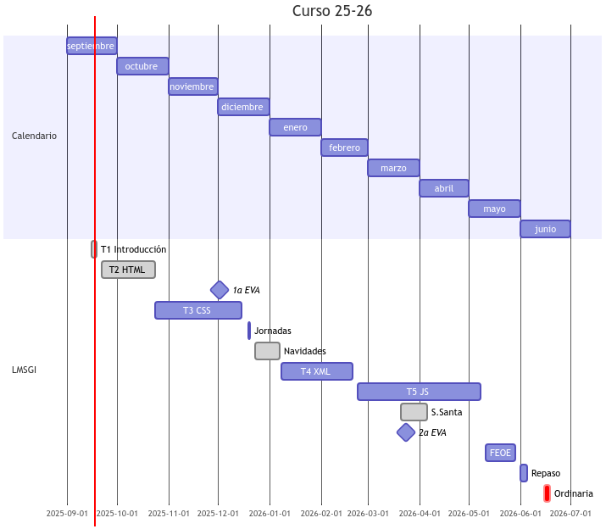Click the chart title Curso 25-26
(x=332, y=11)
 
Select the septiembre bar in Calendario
(x=92, y=46)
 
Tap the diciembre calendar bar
(x=243, y=107)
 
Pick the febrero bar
(x=344, y=148)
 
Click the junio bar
(x=545, y=229)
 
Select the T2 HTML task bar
(x=128, y=270)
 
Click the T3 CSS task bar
(x=197, y=310)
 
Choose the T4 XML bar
(x=316, y=371)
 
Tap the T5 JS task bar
(x=419, y=392)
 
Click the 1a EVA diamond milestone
(x=220, y=290)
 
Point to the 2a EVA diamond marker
(x=406, y=432)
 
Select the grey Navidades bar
(x=267, y=351)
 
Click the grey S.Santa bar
(x=414, y=412)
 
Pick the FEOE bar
(x=500, y=453)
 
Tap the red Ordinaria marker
(x=547, y=493)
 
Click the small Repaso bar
(x=524, y=473)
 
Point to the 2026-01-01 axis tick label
(x=270, y=514)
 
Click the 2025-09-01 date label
(x=67, y=514)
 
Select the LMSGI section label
(x=24, y=370)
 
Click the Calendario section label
(x=34, y=136)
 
